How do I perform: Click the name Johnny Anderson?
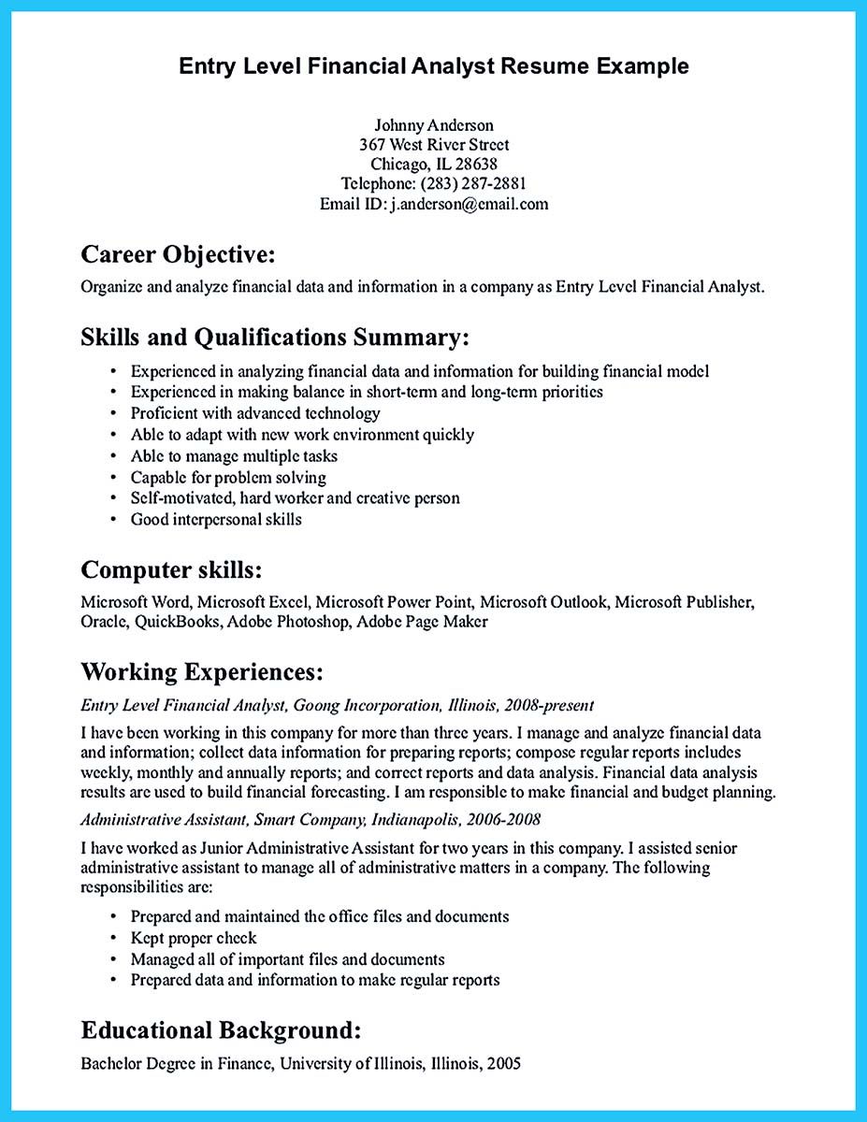433,124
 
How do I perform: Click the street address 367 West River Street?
434,144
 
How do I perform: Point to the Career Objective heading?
178,254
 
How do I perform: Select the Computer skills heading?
171,569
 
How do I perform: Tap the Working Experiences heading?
202,671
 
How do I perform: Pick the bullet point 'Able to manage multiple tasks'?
234,456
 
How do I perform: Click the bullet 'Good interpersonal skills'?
216,519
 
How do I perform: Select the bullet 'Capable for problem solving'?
228,477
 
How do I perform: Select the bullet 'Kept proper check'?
193,938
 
